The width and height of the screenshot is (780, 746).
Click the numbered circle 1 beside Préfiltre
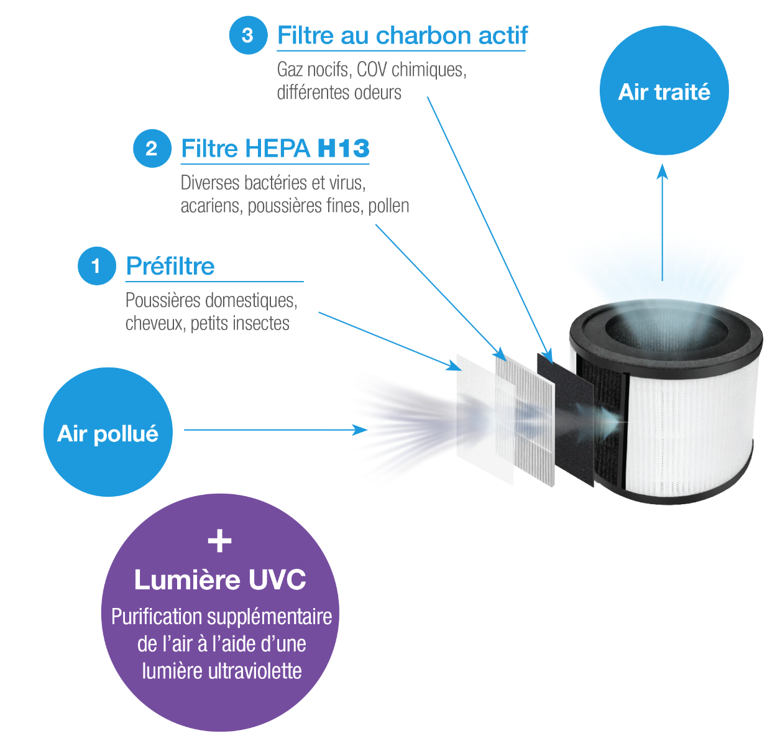[x=96, y=266]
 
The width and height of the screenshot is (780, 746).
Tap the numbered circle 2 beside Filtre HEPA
[x=152, y=149]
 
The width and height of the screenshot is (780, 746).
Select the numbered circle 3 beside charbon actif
[x=247, y=35]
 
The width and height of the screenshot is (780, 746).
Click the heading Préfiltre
[x=170, y=266]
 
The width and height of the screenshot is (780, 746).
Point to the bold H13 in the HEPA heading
[x=343, y=149]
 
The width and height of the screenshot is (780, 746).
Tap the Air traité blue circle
[x=664, y=91]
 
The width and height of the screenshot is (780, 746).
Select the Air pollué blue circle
[x=108, y=433]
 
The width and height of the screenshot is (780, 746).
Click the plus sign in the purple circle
[x=219, y=541]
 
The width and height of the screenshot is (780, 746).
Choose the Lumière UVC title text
[x=220, y=580]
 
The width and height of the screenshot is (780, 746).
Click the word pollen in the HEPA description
[x=388, y=206]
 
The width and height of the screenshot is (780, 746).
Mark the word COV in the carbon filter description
[x=372, y=69]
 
